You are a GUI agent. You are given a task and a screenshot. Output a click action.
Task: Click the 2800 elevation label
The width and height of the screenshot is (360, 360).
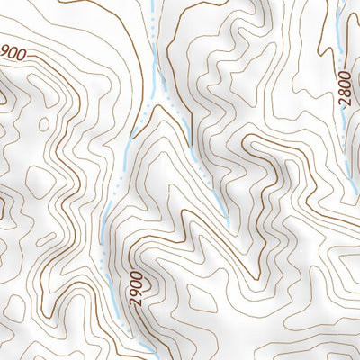point(344,88)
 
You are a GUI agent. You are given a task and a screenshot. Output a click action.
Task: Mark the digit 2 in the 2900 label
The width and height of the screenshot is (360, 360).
point(137,303)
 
